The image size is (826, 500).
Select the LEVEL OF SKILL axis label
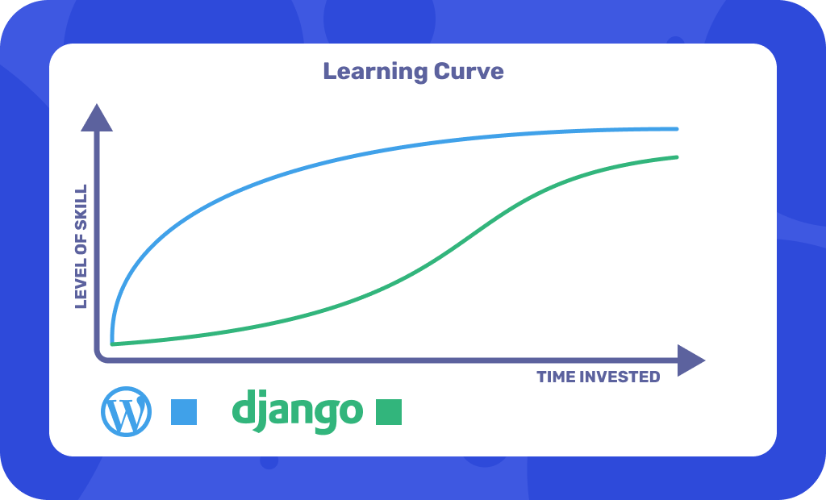click(81, 247)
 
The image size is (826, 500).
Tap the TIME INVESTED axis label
click(598, 377)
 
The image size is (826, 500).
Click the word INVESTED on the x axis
click(621, 377)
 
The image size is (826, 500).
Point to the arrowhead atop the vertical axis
click(97, 119)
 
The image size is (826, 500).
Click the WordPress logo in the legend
click(126, 413)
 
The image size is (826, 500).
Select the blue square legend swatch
click(184, 412)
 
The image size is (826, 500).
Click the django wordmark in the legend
click(297, 411)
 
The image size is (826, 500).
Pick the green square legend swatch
click(389, 412)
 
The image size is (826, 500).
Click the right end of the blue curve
click(676, 128)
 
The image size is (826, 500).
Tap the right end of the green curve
click(676, 156)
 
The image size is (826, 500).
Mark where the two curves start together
click(113, 343)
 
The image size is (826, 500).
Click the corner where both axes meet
click(98, 358)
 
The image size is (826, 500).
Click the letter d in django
click(244, 408)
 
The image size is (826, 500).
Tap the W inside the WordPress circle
click(126, 414)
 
